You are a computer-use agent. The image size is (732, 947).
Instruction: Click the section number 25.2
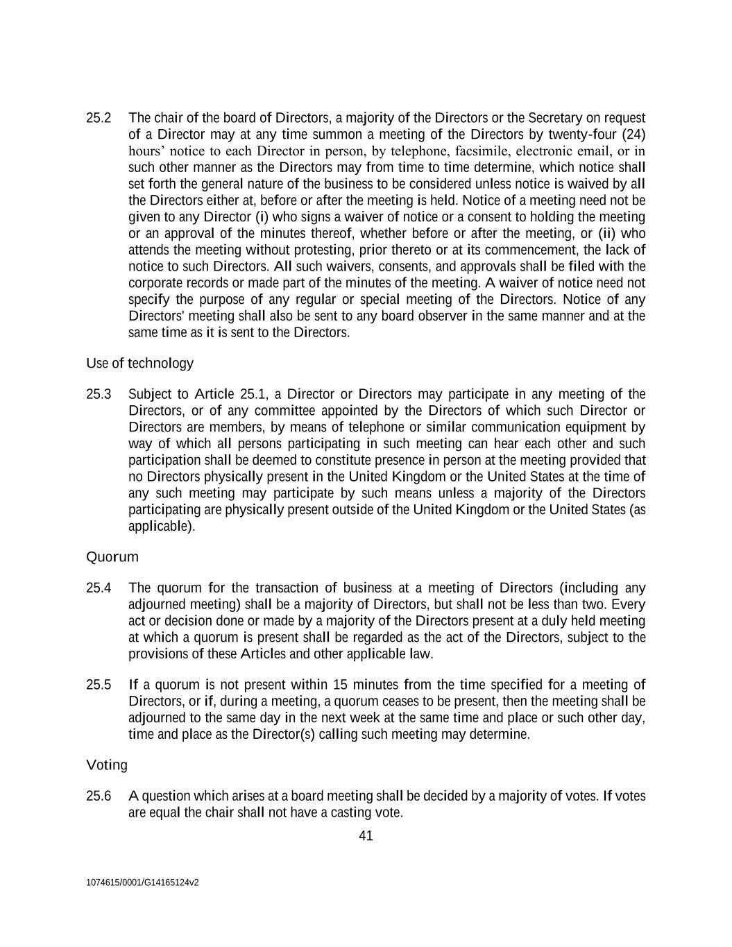[x=99, y=118]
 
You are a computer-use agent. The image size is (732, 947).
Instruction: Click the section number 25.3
[x=99, y=395]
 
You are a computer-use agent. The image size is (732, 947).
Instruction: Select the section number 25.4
[x=99, y=588]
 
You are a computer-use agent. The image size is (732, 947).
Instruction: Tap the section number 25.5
[x=99, y=685]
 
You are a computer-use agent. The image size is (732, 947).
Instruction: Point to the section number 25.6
[x=99, y=796]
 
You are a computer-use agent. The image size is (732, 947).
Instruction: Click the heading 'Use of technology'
[x=139, y=364]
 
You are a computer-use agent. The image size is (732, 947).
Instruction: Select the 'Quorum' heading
[x=112, y=557]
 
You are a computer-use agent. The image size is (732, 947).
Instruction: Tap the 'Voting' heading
[x=107, y=765]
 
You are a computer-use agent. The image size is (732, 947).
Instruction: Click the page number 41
[x=366, y=836]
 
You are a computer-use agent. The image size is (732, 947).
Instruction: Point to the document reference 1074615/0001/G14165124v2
[x=142, y=883]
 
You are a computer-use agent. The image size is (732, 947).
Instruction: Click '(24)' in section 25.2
[x=633, y=135]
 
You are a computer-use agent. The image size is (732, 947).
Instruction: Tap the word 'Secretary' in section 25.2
[x=556, y=118]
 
